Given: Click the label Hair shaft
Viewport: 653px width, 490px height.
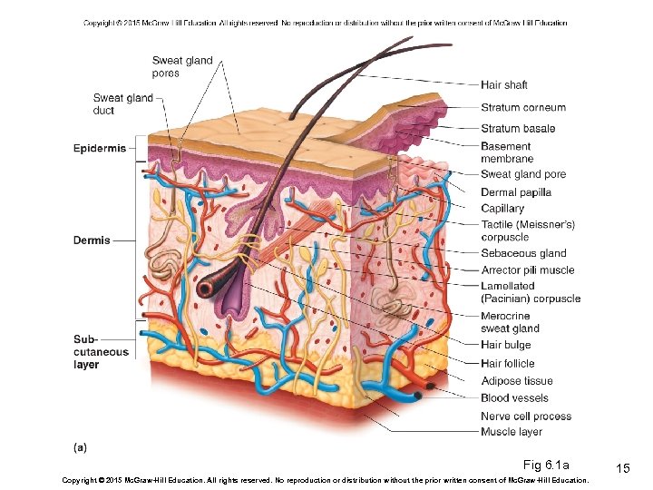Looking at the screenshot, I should click(x=503, y=85).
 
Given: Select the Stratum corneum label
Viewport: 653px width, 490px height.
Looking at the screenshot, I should click(x=523, y=107).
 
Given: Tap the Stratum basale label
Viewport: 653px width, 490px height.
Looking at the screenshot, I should click(x=518, y=129).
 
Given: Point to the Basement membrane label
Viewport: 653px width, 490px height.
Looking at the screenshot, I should click(x=507, y=152).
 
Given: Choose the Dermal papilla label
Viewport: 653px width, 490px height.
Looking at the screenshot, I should click(x=516, y=192).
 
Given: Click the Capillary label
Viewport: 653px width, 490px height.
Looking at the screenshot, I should click(x=502, y=209).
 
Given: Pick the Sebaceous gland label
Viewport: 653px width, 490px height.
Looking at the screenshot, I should click(x=523, y=254).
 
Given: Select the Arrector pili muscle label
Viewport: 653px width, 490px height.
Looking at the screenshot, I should click(x=527, y=270).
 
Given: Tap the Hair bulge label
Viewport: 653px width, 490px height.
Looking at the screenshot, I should click(x=506, y=345).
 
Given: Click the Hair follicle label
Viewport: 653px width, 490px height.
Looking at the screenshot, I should click(x=508, y=364).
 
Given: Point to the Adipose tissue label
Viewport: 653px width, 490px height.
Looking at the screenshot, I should click(x=516, y=381).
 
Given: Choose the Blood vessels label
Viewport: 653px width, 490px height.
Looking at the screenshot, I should click(x=514, y=397).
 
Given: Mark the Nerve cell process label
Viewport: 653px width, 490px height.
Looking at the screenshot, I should click(x=526, y=416).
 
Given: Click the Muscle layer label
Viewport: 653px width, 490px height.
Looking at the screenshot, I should click(x=512, y=432).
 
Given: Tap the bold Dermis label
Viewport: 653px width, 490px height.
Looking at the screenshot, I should click(x=92, y=240).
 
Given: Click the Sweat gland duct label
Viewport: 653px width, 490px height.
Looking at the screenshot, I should click(x=122, y=104).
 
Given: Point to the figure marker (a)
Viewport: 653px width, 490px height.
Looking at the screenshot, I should click(x=81, y=446).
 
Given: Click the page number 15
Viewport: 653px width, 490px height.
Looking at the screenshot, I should click(x=622, y=467).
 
